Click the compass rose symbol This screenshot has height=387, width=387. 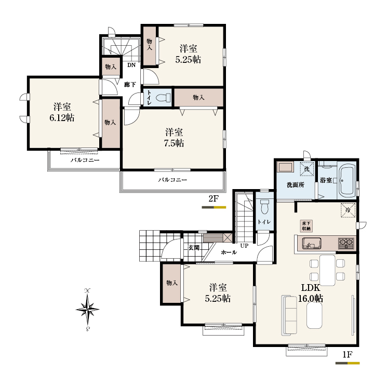pos(88,309)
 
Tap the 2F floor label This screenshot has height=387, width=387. pos(213,198)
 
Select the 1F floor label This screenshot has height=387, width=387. pos(347,354)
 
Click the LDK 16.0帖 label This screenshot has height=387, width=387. pos(311,293)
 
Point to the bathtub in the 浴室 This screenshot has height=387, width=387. pos(348,180)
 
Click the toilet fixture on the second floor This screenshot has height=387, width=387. pos(164,98)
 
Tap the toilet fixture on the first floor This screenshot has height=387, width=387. pos(264,207)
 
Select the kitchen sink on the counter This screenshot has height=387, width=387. pos(312,243)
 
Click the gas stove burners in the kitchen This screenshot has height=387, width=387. pos(347,243)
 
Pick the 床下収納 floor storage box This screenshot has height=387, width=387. pos(306,226)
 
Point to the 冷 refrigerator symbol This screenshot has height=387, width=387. pos(348,210)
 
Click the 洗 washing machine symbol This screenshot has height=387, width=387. pos(308,169)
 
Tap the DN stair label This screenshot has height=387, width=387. pos(131,65)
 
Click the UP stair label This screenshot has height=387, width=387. pos(244,246)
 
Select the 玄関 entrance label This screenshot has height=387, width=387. pos(194,248)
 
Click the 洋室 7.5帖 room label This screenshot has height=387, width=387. pos(174,138)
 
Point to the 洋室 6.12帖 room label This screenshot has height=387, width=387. pos(62,112)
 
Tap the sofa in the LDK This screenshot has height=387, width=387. pos(289,315)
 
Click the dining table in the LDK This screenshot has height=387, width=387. pos(327,270)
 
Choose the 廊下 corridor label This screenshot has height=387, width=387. pos(130,85)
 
